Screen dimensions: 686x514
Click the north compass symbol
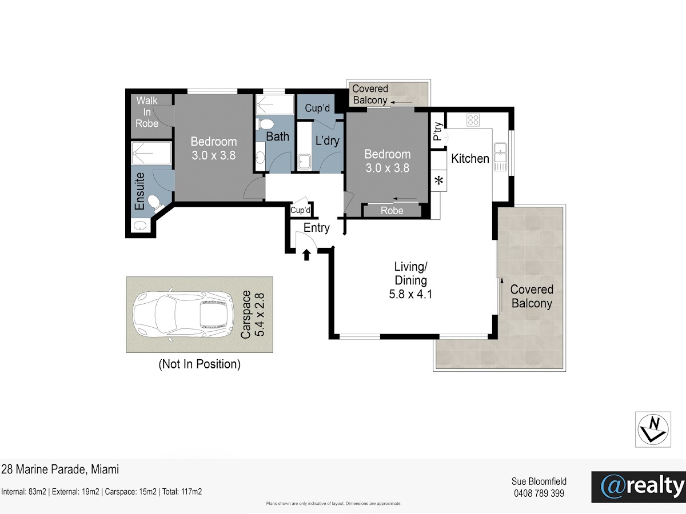click(x=653, y=429)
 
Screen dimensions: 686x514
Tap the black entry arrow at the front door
click(x=306, y=255)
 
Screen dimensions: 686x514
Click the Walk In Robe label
click(x=147, y=112)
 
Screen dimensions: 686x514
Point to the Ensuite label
click(x=139, y=191)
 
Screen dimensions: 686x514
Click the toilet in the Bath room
click(x=265, y=124)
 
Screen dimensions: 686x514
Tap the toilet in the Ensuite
click(x=155, y=202)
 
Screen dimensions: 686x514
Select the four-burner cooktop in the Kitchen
click(x=473, y=120)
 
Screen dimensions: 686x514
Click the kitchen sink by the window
click(x=500, y=156)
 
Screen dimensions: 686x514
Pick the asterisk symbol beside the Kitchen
click(x=439, y=180)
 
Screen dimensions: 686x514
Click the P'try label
click(x=438, y=131)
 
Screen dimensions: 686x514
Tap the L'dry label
click(x=327, y=140)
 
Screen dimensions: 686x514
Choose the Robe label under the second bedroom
click(x=392, y=211)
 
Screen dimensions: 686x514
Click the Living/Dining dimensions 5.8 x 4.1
click(x=410, y=294)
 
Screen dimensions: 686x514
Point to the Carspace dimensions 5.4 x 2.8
click(x=260, y=314)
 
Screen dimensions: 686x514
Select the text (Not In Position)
click(x=200, y=364)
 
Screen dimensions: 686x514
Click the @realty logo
click(x=639, y=487)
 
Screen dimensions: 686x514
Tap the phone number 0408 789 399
click(x=539, y=493)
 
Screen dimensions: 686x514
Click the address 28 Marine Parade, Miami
click(x=60, y=469)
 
